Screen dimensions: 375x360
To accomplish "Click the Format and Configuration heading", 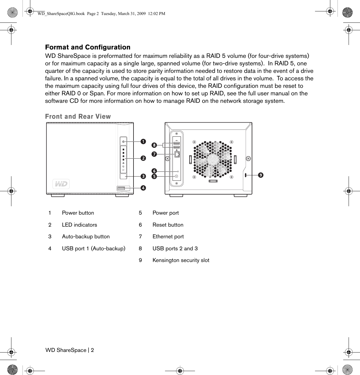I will pyautogui.click(x=88, y=47).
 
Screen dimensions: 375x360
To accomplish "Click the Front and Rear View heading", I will pyautogui.click(x=78, y=117).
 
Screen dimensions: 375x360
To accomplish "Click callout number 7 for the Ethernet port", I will pyautogui.click(x=154, y=154).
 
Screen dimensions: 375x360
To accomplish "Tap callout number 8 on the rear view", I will pyautogui.click(x=154, y=145).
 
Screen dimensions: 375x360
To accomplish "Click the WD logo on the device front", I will pyautogui.click(x=61, y=184).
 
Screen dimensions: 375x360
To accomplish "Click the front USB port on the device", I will pyautogui.click(x=121, y=188).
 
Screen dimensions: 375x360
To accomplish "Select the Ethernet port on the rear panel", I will pyautogui.click(x=177, y=154).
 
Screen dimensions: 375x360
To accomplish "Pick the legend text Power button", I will pyautogui.click(x=78, y=213).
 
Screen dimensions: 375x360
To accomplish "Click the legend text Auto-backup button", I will pyautogui.click(x=86, y=237).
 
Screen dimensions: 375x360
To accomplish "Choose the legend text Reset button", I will pyautogui.click(x=168, y=225).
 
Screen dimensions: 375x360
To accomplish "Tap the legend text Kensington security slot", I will pyautogui.click(x=181, y=260).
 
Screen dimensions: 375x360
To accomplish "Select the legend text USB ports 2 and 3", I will pyautogui.click(x=175, y=249).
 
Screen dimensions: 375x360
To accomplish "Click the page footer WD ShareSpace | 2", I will pyautogui.click(x=70, y=350).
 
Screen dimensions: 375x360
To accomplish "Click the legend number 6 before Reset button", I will pyautogui.click(x=140, y=225).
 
